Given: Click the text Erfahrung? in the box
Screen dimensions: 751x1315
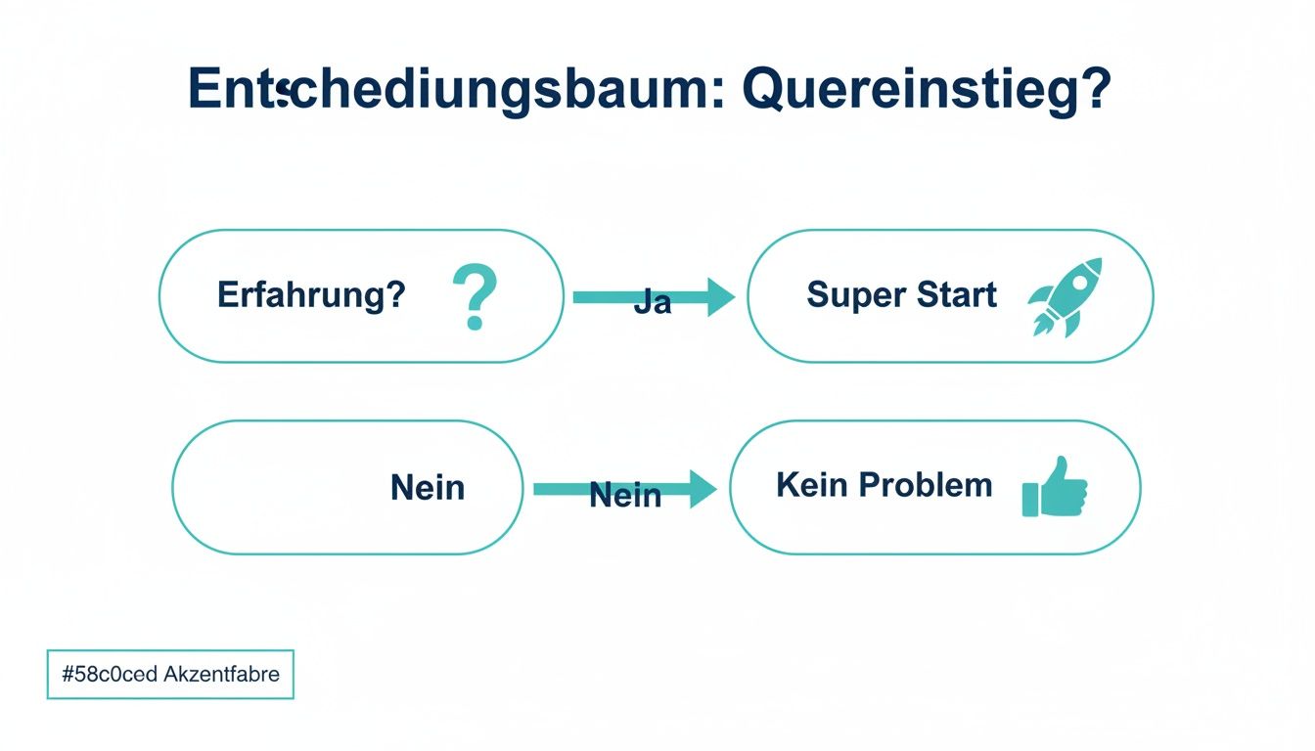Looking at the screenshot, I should (311, 294).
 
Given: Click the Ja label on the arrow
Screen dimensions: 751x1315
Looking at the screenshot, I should (653, 303).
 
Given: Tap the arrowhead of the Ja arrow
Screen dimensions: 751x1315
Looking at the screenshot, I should (720, 296).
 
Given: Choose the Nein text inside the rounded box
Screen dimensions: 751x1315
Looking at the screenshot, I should (428, 487).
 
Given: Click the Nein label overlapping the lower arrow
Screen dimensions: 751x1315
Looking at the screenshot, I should (625, 497).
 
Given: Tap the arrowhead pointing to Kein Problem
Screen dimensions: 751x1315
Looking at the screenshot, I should (703, 488).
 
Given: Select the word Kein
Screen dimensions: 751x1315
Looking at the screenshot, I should (810, 485).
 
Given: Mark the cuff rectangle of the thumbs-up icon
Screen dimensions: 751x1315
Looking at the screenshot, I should (1030, 499).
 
